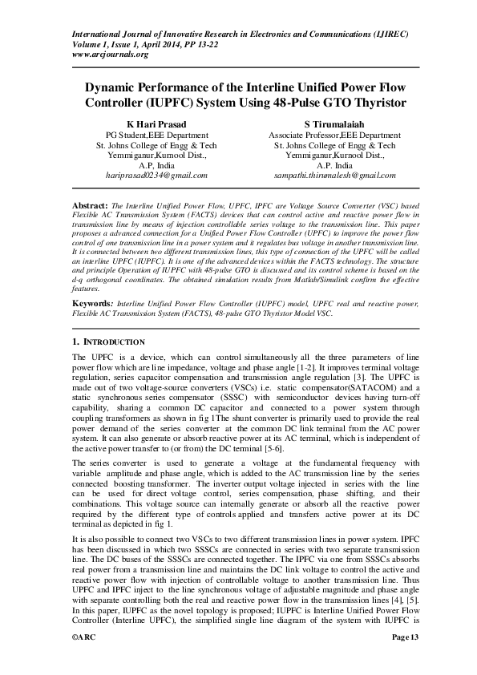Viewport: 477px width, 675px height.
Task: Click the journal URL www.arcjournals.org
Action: [x=110, y=55]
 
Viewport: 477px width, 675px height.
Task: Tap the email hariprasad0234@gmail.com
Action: [x=156, y=175]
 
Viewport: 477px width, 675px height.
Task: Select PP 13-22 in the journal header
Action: [x=201, y=45]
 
